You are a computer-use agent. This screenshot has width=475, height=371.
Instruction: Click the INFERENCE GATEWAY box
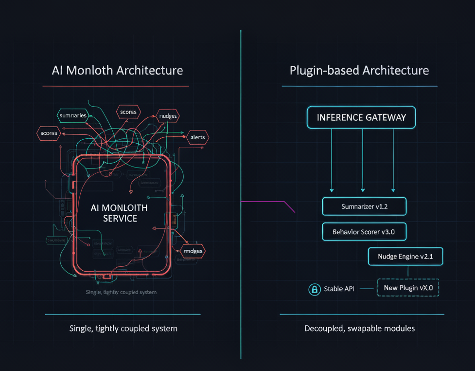click(361, 117)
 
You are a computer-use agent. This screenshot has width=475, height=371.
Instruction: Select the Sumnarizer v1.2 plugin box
click(364, 206)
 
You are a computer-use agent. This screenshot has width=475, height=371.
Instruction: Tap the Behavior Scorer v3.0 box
click(364, 232)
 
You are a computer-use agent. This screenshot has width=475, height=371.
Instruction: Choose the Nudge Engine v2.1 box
click(405, 256)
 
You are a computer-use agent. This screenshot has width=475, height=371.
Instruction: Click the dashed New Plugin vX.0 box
click(408, 287)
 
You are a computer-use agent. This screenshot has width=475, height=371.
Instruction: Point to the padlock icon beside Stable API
click(315, 289)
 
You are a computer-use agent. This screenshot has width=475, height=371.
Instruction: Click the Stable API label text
click(339, 289)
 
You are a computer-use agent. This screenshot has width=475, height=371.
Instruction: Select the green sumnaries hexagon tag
click(72, 115)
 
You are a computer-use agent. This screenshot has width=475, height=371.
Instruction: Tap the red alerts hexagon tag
click(197, 137)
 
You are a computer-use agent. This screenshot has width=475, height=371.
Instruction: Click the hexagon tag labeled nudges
click(168, 116)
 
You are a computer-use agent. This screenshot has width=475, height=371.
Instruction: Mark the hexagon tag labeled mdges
click(193, 251)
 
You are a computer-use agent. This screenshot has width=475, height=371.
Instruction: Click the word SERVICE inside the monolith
click(120, 219)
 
